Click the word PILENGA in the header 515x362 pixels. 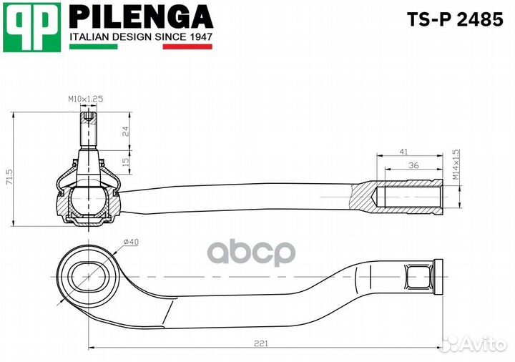[141, 17]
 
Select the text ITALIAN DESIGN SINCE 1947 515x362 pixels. [141, 36]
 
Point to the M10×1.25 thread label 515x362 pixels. [85, 99]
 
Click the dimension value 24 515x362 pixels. [125, 131]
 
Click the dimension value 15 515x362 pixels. [125, 162]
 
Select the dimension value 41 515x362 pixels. [404, 152]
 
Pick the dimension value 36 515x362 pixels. [413, 165]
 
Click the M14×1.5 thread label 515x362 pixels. [455, 165]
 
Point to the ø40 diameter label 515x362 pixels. [129, 243]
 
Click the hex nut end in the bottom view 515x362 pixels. [422, 274]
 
